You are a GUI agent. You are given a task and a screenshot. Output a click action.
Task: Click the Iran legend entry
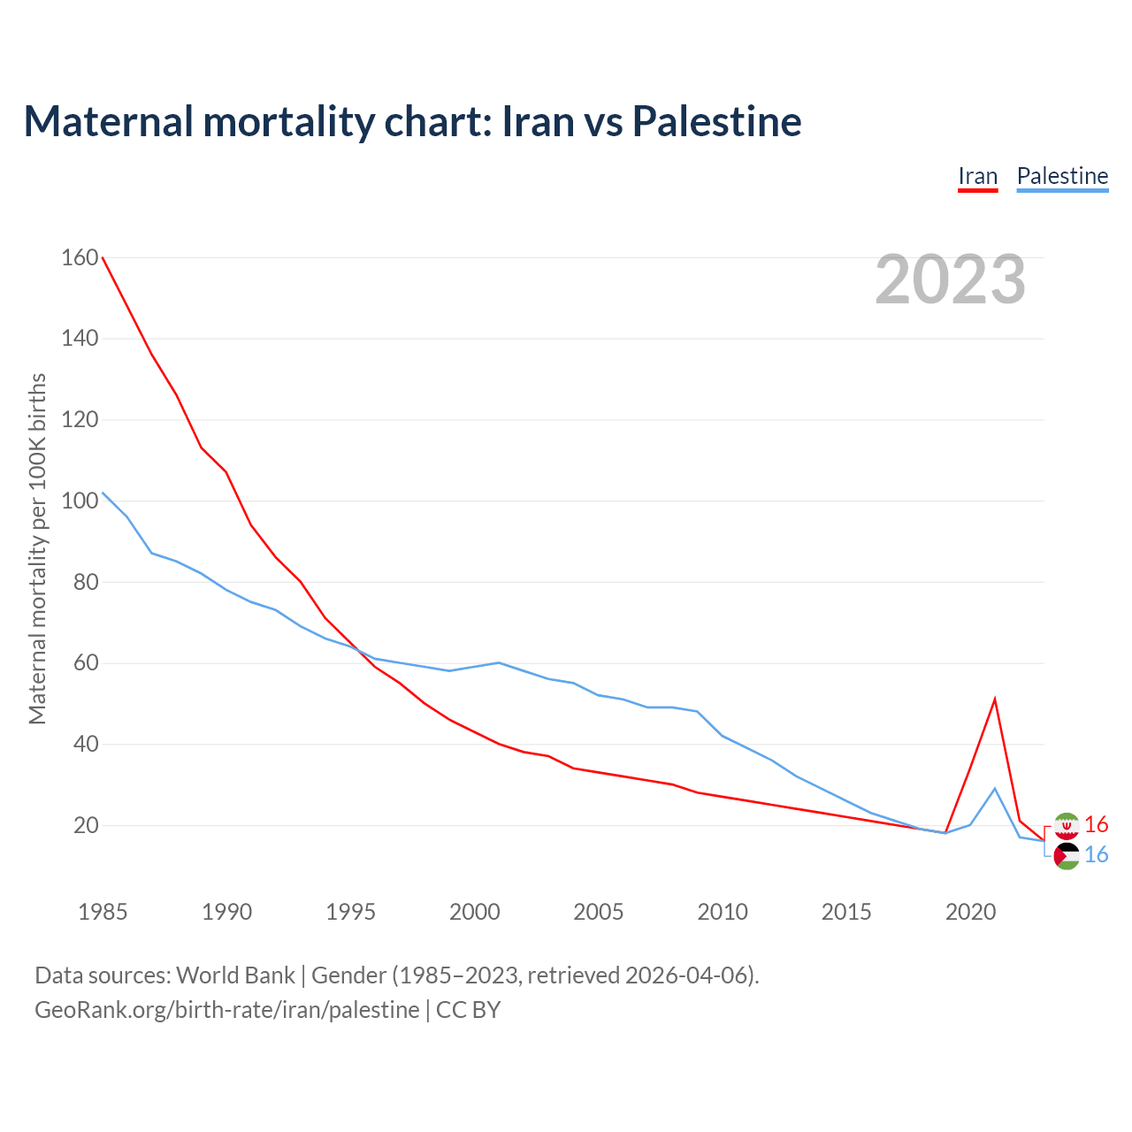click(977, 176)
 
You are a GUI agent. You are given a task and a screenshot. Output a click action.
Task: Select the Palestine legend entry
click(1062, 176)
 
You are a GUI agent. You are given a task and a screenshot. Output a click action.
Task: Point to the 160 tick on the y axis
click(80, 257)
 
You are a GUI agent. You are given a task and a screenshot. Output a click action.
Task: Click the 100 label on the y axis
click(80, 501)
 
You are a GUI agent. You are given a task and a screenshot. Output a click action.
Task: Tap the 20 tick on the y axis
click(86, 825)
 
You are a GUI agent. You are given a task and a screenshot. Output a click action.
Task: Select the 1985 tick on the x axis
click(103, 912)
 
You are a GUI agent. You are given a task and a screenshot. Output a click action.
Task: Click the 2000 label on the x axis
click(475, 912)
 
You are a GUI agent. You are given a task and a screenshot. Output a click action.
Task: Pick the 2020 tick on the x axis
click(970, 912)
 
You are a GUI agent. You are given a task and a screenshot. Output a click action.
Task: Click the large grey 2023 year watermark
click(950, 279)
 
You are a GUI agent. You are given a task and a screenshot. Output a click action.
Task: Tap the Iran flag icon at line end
click(1067, 825)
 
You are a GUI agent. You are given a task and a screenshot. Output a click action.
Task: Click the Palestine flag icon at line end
click(1067, 855)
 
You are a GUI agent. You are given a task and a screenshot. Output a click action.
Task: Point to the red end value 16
click(1097, 825)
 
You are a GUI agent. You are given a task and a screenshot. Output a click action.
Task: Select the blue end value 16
click(1097, 855)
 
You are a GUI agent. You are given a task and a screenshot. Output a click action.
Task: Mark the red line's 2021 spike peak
click(995, 700)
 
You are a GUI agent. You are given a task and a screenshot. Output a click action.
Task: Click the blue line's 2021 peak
click(995, 788)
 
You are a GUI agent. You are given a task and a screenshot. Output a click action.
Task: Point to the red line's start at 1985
click(103, 257)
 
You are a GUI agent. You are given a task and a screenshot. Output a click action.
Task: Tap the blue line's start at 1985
click(103, 493)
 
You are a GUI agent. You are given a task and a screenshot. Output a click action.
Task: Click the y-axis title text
click(37, 548)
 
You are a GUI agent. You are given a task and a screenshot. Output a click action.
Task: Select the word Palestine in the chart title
click(717, 121)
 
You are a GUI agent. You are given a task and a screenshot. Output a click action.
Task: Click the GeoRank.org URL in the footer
click(226, 1010)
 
